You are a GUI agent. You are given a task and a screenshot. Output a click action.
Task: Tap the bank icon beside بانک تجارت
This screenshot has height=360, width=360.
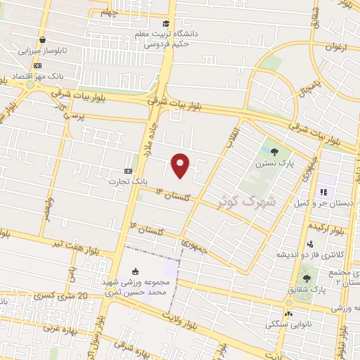[128, 171]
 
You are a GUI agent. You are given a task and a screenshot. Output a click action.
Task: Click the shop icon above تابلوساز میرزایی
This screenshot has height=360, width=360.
[44, 40]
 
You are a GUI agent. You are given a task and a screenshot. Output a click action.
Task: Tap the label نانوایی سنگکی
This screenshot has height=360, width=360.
[288, 324]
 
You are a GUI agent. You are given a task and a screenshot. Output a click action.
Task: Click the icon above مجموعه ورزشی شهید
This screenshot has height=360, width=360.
[135, 272]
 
